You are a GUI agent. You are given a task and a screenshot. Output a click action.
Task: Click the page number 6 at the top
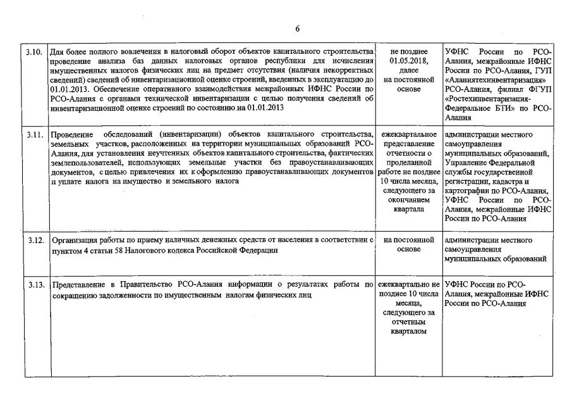pos(297,28)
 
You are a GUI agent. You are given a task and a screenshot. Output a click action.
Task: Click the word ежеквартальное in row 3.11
pos(409,135)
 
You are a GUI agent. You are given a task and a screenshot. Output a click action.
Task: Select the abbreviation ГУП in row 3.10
pos(542,70)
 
